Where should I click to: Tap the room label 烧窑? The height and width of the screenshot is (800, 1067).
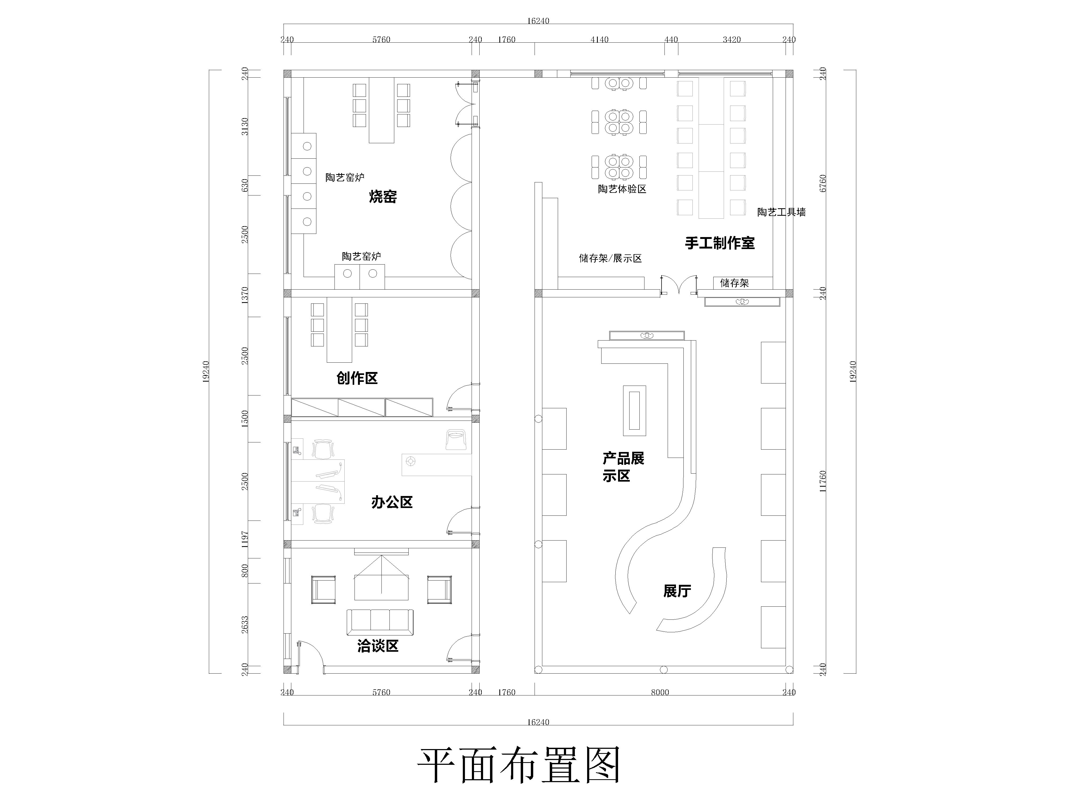tap(383, 197)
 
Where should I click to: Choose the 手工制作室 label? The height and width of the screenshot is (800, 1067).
tap(720, 243)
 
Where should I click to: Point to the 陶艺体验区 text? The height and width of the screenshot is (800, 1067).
tap(622, 189)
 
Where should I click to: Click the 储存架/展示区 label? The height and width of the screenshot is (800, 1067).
tap(610, 258)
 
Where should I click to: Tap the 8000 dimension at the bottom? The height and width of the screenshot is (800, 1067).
tap(660, 693)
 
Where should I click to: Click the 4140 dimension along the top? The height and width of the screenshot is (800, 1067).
tap(600, 39)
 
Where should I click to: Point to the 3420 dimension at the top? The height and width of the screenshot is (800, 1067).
tap(732, 39)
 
